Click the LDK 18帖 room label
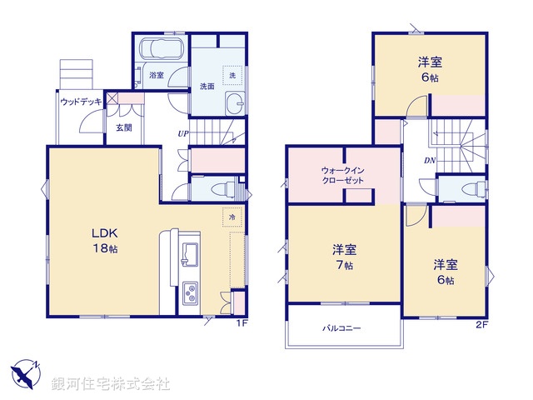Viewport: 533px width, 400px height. [104, 240]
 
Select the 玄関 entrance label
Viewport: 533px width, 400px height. [123, 127]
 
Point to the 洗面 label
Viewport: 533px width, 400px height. [207, 86]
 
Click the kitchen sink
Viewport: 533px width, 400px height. [189, 252]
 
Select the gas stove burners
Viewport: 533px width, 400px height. [191, 293]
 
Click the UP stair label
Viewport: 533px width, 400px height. [182, 133]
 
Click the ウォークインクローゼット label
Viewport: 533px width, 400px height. [343, 176]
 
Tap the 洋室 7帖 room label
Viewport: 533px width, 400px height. [344, 256]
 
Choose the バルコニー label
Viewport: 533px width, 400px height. [341, 328]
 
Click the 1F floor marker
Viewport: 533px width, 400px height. [241, 323]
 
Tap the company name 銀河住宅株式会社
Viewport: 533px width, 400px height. [111, 384]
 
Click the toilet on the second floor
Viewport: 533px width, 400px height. [473, 187]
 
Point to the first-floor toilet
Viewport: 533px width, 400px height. [222, 187]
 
